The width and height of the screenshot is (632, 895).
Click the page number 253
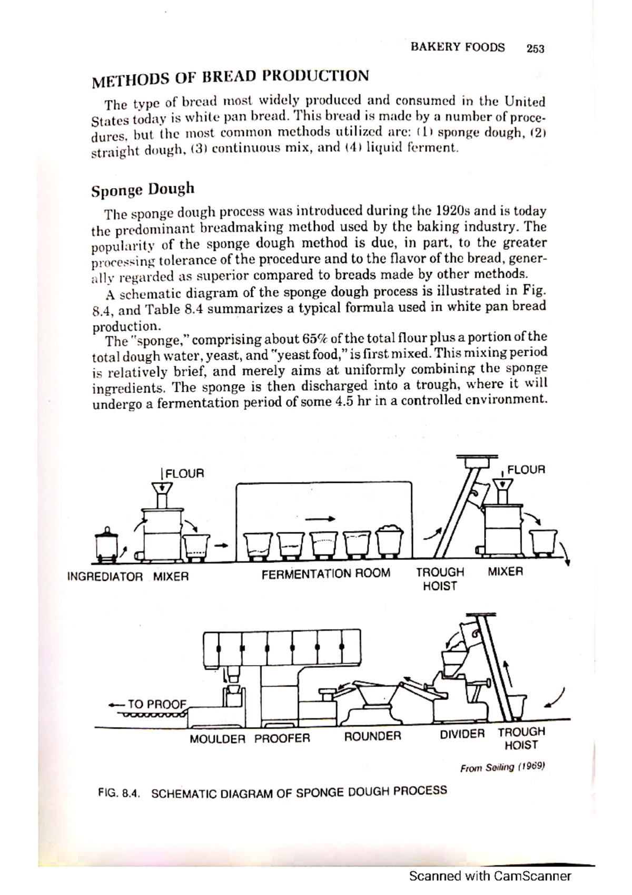535,49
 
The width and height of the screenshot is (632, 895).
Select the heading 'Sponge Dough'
143,189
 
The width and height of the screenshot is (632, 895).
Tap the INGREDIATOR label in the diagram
105,577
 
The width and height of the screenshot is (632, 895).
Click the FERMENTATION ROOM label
326,573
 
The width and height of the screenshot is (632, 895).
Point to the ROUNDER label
372,736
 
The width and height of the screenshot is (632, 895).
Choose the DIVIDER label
462,734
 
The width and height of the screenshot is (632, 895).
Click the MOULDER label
217,739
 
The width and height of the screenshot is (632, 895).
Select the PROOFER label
282,738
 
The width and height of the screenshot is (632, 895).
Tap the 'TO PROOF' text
157,704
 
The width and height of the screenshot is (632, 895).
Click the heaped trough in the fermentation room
390,540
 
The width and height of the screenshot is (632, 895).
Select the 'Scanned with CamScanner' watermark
490,877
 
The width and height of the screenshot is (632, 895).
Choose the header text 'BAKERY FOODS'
457,47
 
